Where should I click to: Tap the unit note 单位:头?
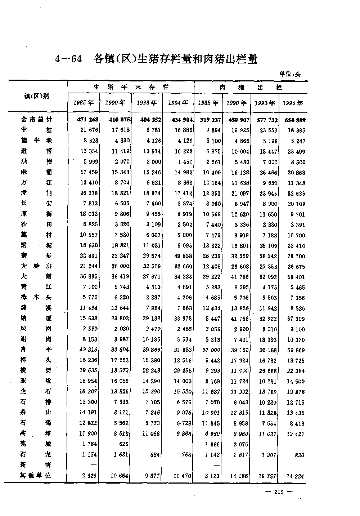coord(290,74)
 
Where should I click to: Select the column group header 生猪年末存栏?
coord(131,87)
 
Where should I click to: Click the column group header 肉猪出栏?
coord(251,87)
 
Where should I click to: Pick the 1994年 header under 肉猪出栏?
coord(293,103)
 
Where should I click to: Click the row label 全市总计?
coord(36,120)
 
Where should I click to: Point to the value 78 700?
coord(296,256)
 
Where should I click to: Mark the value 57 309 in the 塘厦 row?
coord(296,319)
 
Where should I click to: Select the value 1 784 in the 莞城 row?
coord(90,444)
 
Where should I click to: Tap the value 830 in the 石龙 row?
coord(299,455)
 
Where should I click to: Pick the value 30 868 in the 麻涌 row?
coord(296,173)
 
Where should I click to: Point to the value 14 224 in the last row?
coord(295,476)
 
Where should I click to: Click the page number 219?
coord(279,492)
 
